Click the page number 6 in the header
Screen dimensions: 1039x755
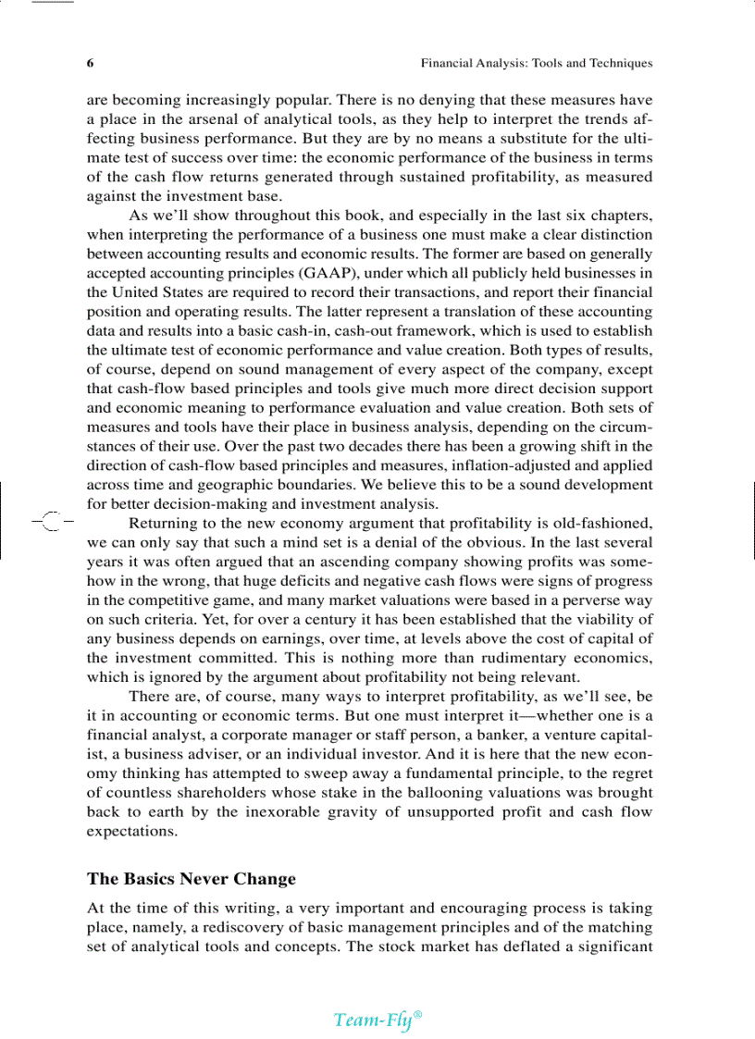(x=91, y=64)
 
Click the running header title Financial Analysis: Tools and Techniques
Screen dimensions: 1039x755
(x=537, y=64)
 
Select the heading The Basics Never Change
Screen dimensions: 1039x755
(x=192, y=879)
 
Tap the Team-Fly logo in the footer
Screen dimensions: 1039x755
(x=377, y=1020)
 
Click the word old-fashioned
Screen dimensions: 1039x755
(x=603, y=524)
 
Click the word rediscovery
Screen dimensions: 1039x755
(x=240, y=927)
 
